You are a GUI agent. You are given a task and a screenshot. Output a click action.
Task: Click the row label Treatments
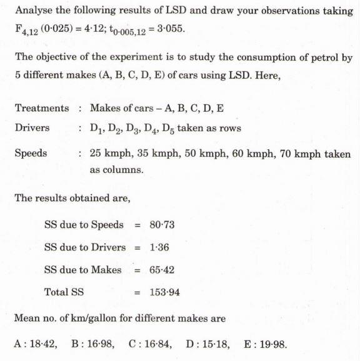click(x=42, y=108)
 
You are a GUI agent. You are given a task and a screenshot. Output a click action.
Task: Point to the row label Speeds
click(x=31, y=153)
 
